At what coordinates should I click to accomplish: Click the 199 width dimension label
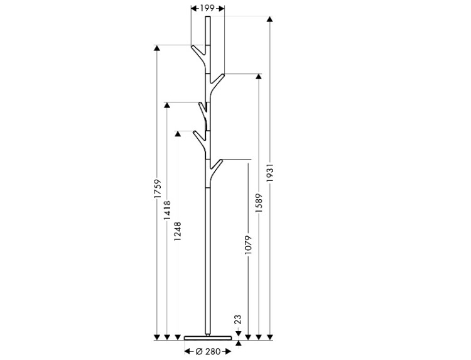click(207, 8)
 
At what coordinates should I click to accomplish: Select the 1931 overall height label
click(270, 173)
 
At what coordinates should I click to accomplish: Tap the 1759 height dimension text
click(158, 188)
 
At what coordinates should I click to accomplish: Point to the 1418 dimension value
click(167, 210)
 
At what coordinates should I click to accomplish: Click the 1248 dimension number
click(178, 231)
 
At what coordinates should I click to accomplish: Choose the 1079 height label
click(248, 245)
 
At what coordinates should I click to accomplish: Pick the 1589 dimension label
click(259, 203)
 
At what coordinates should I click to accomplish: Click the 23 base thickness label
click(237, 319)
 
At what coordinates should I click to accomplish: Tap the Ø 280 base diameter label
click(208, 351)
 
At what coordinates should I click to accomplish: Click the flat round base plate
click(208, 338)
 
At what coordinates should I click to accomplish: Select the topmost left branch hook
click(198, 54)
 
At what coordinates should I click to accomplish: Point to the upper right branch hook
click(217, 83)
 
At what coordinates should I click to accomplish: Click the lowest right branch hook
click(216, 169)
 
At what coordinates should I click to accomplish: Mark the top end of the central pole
click(208, 16)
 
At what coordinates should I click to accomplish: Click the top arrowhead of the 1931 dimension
click(270, 19)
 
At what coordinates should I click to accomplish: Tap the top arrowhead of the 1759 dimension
click(157, 48)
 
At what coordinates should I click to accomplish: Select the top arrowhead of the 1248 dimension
click(178, 134)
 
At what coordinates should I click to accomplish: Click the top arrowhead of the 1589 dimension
click(259, 76)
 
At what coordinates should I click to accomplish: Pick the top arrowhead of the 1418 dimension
click(167, 105)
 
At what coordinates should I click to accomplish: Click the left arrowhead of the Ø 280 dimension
click(187, 351)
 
